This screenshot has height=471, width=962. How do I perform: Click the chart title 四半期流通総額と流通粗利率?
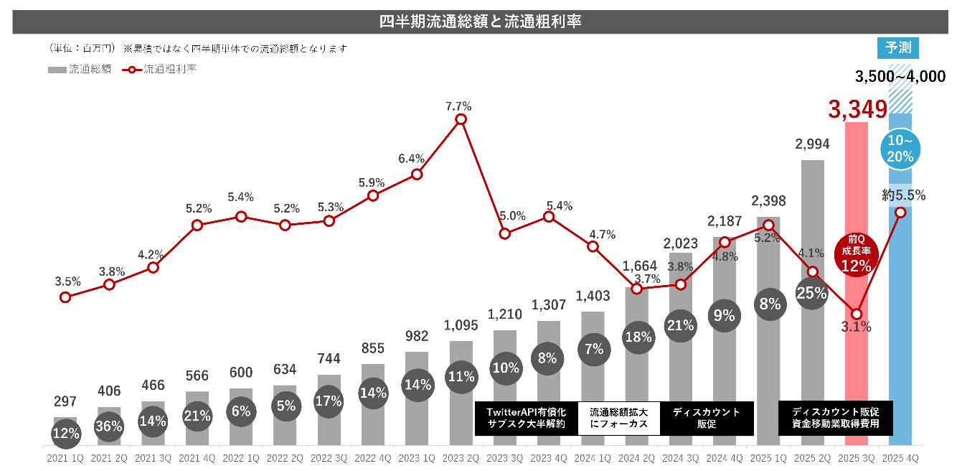click(x=480, y=22)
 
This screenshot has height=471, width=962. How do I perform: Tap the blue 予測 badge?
click(x=897, y=48)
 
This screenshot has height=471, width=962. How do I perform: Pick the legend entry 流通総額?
click(x=80, y=70)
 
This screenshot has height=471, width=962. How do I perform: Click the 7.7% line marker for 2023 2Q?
click(x=461, y=119)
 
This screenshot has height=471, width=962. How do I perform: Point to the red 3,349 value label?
click(x=857, y=110)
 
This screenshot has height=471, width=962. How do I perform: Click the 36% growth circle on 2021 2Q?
click(x=109, y=426)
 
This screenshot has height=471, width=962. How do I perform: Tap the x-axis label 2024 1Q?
click(x=593, y=457)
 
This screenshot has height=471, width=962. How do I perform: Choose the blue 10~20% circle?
click(x=900, y=149)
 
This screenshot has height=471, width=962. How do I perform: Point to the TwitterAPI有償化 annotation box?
click(x=526, y=418)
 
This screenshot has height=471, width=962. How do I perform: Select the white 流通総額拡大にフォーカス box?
click(x=618, y=418)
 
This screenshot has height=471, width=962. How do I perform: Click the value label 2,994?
click(x=812, y=144)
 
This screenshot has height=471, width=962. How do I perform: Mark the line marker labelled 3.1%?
click(x=856, y=314)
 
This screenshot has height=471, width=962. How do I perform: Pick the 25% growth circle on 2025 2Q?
click(x=812, y=293)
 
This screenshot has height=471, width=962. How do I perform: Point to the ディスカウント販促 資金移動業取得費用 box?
click(x=836, y=418)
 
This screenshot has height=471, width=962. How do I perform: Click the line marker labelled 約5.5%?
click(x=900, y=212)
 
